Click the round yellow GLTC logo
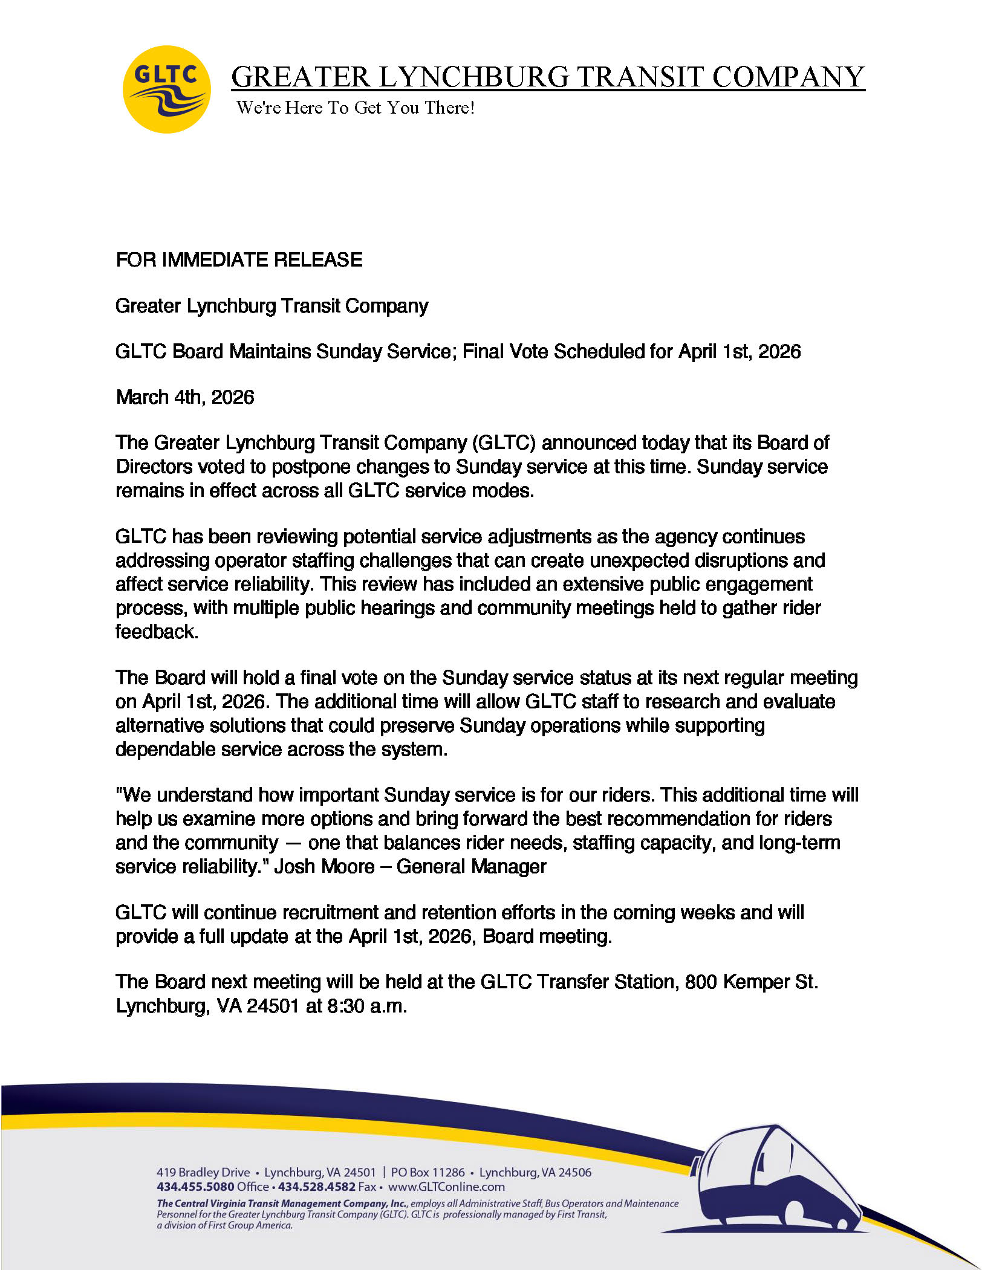(x=166, y=89)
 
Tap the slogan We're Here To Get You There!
(x=355, y=108)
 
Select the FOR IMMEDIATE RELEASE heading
(x=239, y=260)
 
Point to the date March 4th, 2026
(x=185, y=397)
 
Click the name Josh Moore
(x=324, y=866)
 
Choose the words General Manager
(x=471, y=866)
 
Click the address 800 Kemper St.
(x=751, y=982)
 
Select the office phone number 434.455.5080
(x=195, y=1187)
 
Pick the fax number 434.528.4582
(x=316, y=1187)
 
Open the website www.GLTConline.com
(x=446, y=1187)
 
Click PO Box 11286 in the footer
(x=428, y=1172)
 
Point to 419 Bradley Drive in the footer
(x=203, y=1172)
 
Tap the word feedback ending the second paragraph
(x=157, y=632)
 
